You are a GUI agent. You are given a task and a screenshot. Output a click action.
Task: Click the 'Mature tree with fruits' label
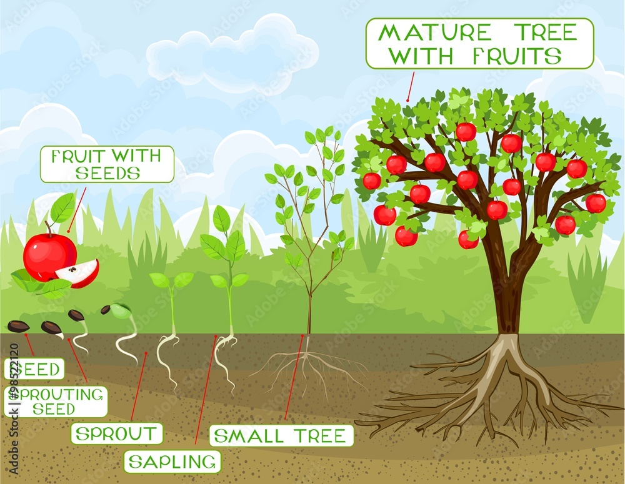coord(479,43)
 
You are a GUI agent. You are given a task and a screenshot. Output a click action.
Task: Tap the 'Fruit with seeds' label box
coord(106,164)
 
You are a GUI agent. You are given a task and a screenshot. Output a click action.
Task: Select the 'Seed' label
coord(35,369)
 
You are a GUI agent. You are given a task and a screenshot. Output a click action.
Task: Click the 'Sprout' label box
coord(117,433)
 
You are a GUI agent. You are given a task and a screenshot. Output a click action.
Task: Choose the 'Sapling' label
coord(172,462)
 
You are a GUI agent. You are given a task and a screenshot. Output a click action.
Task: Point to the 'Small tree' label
coord(281,435)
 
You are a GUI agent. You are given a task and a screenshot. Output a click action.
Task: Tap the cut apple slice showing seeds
coord(79,273)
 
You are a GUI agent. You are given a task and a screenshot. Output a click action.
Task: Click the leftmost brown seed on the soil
coord(17,326)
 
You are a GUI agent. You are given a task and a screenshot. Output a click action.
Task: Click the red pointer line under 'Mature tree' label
coord(410,86)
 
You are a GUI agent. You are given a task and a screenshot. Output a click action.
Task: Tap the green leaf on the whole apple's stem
coord(62,208)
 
